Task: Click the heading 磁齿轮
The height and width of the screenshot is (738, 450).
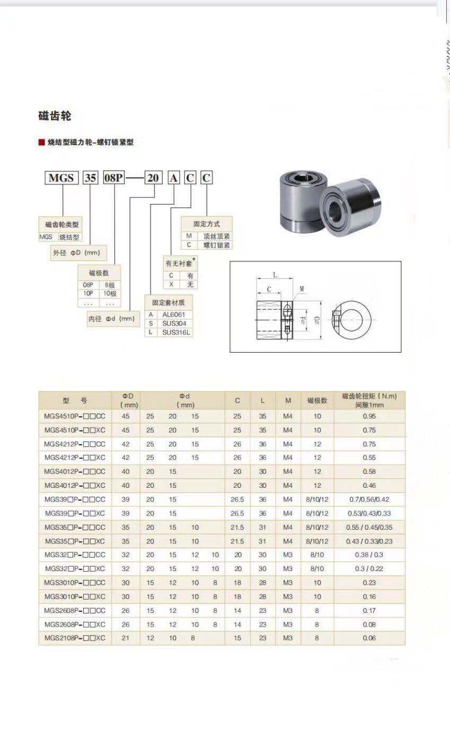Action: click(x=55, y=116)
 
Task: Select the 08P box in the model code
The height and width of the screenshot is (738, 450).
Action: click(x=113, y=178)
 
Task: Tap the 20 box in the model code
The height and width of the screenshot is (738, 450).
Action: click(x=153, y=178)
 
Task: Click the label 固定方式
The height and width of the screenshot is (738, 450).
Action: click(x=206, y=224)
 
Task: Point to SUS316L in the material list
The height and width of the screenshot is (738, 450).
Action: click(x=176, y=332)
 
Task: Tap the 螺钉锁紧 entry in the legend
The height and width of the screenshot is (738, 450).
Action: click(x=216, y=245)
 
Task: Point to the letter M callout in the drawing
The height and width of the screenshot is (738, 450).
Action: click(x=302, y=289)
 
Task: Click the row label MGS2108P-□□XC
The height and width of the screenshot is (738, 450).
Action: click(x=75, y=638)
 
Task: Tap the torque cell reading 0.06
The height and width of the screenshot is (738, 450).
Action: click(x=369, y=638)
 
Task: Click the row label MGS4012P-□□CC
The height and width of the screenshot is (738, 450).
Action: click(x=75, y=471)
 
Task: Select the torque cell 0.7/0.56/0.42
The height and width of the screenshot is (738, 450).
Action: click(x=369, y=499)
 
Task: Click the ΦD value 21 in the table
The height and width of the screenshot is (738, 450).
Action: click(x=126, y=638)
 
